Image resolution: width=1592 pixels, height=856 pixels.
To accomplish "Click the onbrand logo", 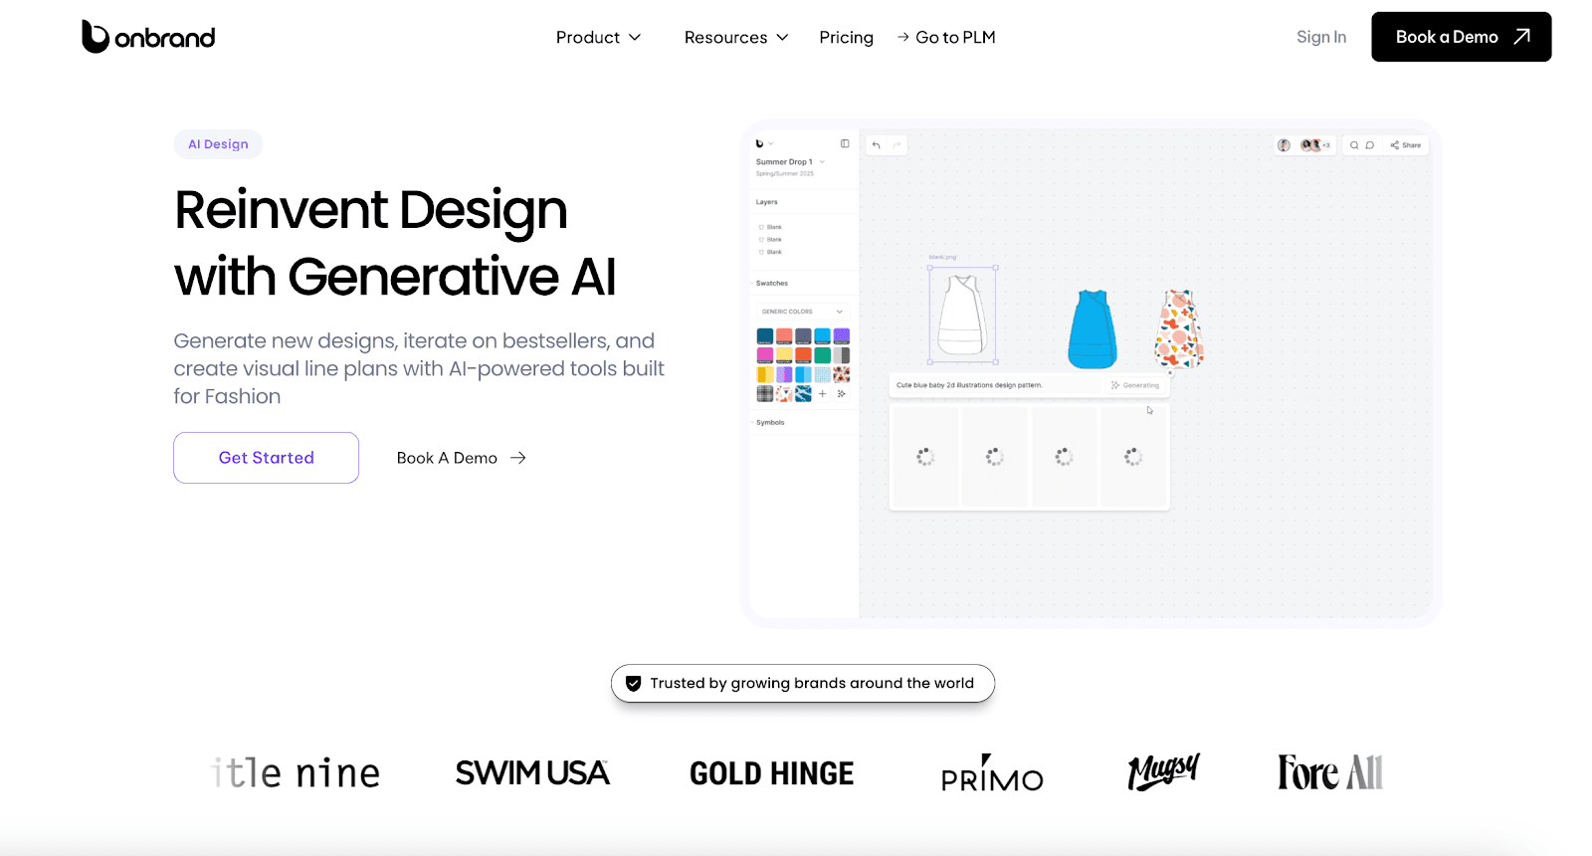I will [148, 37].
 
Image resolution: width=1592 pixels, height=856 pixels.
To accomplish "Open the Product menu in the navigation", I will [598, 38].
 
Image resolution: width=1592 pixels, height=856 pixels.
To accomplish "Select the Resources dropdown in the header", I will [735, 38].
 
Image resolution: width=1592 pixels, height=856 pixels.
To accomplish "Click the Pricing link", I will [846, 38].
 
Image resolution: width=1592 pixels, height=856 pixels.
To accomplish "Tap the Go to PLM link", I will [946, 38].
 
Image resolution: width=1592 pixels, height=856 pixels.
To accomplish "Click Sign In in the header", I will [1320, 38].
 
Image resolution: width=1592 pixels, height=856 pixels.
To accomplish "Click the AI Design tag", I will [218, 144].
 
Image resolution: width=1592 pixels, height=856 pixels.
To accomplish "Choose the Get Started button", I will [266, 458].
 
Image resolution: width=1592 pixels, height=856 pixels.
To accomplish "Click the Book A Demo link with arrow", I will [461, 458].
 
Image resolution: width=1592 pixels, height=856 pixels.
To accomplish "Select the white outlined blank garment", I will [962, 316].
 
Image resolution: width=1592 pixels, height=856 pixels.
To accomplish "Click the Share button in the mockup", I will [1406, 145].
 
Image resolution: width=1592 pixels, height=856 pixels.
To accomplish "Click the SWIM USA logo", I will [532, 772].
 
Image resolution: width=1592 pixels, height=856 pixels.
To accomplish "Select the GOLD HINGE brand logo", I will [771, 773].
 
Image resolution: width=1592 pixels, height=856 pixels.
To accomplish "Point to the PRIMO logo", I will [992, 774].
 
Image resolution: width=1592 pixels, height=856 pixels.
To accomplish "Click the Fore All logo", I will [1329, 772].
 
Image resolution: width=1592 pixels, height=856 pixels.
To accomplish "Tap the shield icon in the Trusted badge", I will [633, 684].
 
